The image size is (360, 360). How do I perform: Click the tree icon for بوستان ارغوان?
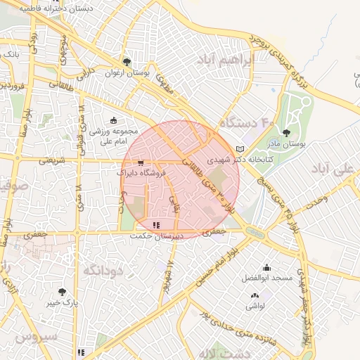(127, 61)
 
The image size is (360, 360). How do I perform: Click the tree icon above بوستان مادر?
(285, 132)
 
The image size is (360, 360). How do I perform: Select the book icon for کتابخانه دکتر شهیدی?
(241, 149)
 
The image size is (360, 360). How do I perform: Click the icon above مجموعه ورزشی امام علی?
(115, 120)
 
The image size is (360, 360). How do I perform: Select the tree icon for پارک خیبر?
(63, 292)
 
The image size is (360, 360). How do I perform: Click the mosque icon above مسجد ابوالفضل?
(266, 267)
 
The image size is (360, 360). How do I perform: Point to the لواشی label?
(255, 306)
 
